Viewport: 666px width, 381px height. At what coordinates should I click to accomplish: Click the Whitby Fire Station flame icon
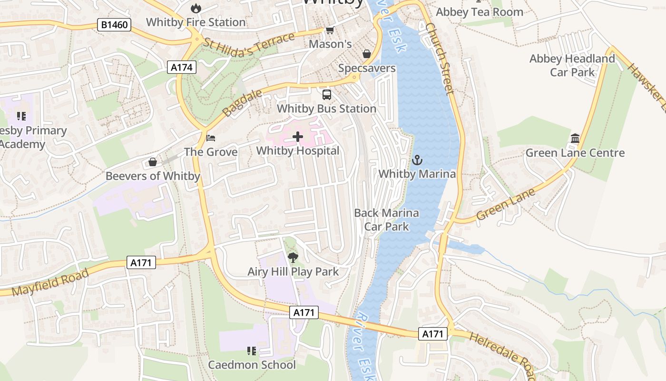pos(196,8)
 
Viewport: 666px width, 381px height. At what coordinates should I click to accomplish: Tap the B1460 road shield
pos(114,24)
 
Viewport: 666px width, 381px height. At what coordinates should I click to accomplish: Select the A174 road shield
pos(182,67)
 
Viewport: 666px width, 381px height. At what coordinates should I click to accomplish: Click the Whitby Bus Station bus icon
pos(326,94)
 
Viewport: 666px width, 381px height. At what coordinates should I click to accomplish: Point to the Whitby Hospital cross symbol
pos(298,137)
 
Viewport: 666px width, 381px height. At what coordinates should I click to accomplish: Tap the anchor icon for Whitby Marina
pos(417,160)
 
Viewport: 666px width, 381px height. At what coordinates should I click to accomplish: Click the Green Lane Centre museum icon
pos(575,139)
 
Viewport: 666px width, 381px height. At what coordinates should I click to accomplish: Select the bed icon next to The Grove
pos(211,138)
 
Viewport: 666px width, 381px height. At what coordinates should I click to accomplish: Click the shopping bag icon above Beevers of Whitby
pos(152,162)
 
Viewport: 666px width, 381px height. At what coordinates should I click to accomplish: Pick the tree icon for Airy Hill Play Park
pos(293,258)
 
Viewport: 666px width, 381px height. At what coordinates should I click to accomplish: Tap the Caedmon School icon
pos(252,351)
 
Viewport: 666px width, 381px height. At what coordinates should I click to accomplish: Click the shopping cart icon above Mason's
pos(330,30)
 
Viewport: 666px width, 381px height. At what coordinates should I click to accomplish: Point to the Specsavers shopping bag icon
pos(367,54)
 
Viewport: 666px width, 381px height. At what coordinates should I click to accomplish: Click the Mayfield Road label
pos(50,282)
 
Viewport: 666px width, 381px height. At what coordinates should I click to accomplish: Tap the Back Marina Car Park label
pos(386,220)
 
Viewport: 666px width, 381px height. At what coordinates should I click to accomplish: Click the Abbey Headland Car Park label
pos(572,65)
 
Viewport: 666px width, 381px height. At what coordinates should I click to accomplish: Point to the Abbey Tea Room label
pos(479,12)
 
